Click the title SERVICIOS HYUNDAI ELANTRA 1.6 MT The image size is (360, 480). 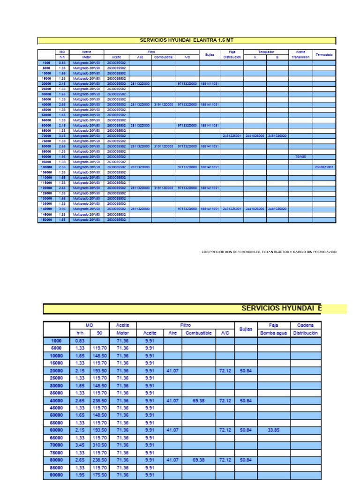187,40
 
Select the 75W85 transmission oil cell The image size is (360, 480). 300,157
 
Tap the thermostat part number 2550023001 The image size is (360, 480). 324,167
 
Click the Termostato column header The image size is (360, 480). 324,54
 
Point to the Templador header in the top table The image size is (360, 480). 266,52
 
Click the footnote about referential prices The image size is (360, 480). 269,252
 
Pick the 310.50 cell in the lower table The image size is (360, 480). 99,445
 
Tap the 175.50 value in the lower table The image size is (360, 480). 99,475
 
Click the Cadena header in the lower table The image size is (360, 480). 306,325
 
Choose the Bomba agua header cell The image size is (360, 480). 274,333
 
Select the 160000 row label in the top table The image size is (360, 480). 46,220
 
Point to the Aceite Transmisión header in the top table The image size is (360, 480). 300,54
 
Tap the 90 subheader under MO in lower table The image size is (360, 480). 99,333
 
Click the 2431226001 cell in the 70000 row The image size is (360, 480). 232,136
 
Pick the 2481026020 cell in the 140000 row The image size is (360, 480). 277,209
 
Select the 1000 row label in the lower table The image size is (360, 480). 56,341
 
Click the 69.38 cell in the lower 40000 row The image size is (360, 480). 198,401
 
